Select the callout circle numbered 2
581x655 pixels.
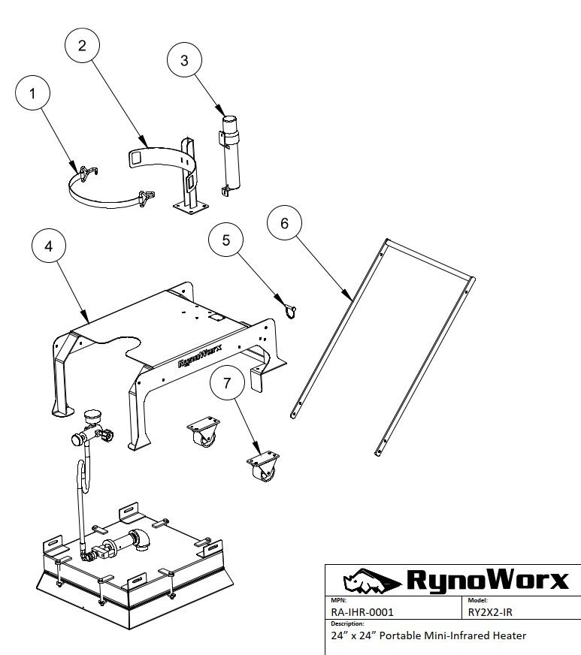point(83,45)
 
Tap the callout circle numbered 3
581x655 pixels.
point(186,61)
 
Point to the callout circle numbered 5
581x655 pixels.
point(227,240)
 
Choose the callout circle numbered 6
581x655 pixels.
point(284,223)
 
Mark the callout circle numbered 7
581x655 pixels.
point(228,383)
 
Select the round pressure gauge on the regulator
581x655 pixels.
point(93,416)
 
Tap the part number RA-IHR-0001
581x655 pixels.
point(362,611)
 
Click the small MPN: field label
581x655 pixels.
point(337,601)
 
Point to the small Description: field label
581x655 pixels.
point(347,623)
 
